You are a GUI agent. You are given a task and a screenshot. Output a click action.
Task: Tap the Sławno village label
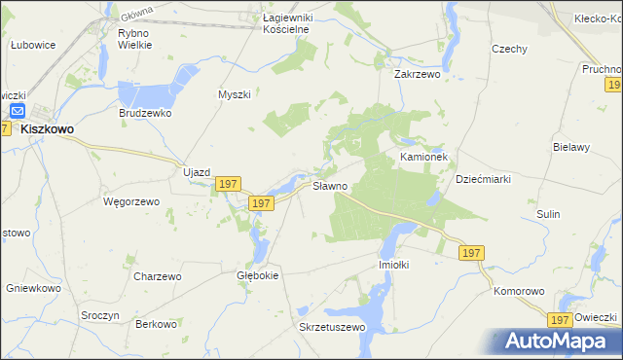[x=329, y=186]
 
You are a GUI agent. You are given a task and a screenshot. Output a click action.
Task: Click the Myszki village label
[x=235, y=94]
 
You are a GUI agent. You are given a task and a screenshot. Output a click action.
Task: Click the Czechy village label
[x=509, y=49]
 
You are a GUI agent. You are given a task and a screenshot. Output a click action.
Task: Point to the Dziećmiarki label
[x=484, y=179]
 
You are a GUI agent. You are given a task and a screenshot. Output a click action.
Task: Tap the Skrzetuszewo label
[x=331, y=327]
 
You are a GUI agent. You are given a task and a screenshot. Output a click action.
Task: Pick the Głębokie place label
[x=259, y=275]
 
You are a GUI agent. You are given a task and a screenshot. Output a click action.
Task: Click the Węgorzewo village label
[x=125, y=201]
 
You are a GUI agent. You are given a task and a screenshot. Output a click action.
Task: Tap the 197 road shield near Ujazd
[x=228, y=184]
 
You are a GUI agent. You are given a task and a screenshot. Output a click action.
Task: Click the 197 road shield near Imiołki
[x=471, y=253]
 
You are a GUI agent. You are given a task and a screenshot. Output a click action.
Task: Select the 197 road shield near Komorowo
[x=559, y=319]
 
